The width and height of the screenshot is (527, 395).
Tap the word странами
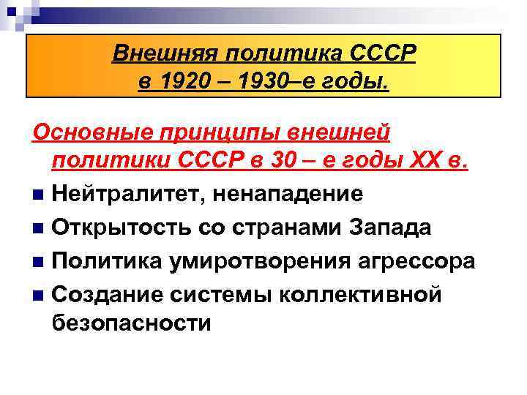point(269,227)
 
